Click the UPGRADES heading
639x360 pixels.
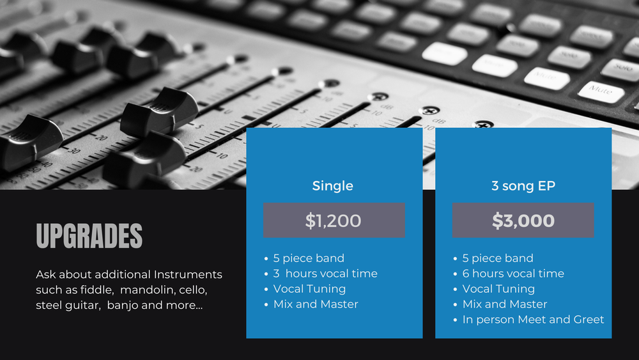click(x=89, y=236)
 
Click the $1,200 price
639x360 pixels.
click(x=334, y=221)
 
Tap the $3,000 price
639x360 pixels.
click(x=523, y=221)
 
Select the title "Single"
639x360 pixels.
click(x=332, y=186)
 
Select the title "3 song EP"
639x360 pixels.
click(x=523, y=186)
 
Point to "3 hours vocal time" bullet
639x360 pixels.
click(x=325, y=273)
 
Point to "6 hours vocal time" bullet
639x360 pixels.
click(x=513, y=273)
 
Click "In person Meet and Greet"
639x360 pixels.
click(x=533, y=319)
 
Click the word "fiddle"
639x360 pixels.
click(x=96, y=290)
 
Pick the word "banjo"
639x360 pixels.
click(x=123, y=305)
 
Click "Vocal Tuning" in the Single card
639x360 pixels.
click(x=309, y=288)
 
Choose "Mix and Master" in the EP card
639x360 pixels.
click(x=505, y=304)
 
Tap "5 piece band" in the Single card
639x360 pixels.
click(x=309, y=258)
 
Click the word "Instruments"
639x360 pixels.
click(x=188, y=274)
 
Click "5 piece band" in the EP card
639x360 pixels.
click(x=498, y=258)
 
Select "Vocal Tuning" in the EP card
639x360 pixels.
click(x=498, y=288)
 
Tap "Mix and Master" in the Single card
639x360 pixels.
click(x=316, y=304)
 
